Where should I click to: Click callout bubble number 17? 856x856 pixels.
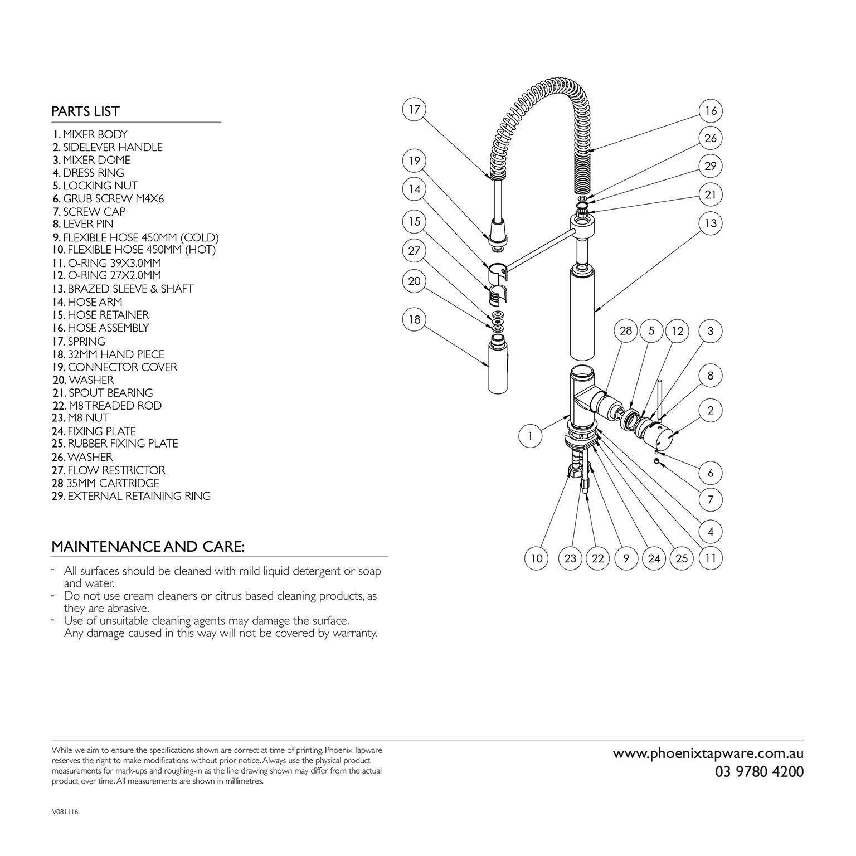click(x=414, y=109)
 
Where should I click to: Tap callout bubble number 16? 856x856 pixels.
click(x=711, y=111)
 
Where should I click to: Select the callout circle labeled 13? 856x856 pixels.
click(x=711, y=223)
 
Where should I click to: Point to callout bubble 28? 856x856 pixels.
click(x=626, y=331)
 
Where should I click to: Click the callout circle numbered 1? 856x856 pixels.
click(x=531, y=436)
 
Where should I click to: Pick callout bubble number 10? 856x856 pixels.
click(x=537, y=558)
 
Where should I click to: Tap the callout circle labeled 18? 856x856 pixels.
click(x=414, y=320)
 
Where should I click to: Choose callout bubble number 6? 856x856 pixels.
click(x=711, y=473)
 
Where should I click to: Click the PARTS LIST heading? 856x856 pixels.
click(x=85, y=111)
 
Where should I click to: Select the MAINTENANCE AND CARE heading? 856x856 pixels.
click(x=148, y=547)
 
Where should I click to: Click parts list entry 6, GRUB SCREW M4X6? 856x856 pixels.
click(x=108, y=198)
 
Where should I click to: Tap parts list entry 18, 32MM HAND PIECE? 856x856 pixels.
click(x=108, y=354)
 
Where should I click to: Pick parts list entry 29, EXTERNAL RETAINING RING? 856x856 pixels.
click(x=131, y=496)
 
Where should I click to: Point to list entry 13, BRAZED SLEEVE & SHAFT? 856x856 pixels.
click(x=123, y=289)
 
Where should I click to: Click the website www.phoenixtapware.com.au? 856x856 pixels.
click(x=708, y=753)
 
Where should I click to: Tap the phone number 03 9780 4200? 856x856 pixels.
click(x=759, y=772)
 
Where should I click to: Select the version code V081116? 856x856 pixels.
click(x=65, y=812)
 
